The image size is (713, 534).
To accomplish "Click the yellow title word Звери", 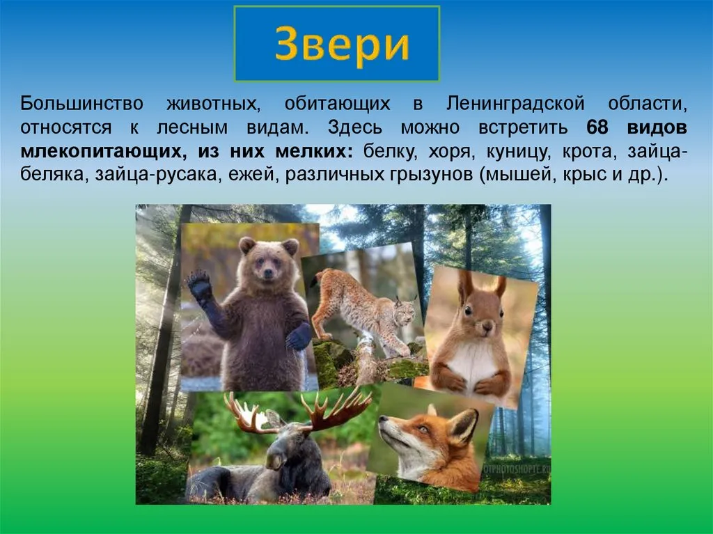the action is (x=342, y=45).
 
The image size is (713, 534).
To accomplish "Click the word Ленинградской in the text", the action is (x=515, y=104).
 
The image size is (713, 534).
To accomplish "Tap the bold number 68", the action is (x=597, y=127).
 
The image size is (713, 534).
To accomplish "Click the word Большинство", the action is (x=81, y=104).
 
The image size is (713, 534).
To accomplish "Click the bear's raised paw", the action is (x=198, y=285).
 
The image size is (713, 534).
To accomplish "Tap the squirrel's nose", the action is (x=488, y=324).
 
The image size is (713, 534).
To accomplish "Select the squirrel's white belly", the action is (x=473, y=361).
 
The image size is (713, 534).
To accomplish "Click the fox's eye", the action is (x=423, y=429).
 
